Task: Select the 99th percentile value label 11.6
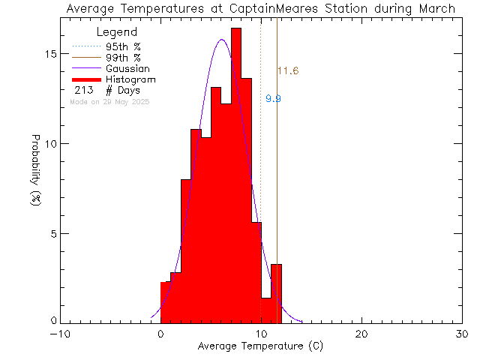[x=288, y=71]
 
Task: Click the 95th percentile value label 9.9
[x=273, y=98]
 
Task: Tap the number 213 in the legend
[x=83, y=90]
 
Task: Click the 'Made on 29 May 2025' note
[x=109, y=101]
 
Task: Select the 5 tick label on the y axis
[x=46, y=233]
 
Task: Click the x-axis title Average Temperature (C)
[x=260, y=346]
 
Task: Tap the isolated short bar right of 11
[x=276, y=292]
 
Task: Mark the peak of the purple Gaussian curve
[x=222, y=40]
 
